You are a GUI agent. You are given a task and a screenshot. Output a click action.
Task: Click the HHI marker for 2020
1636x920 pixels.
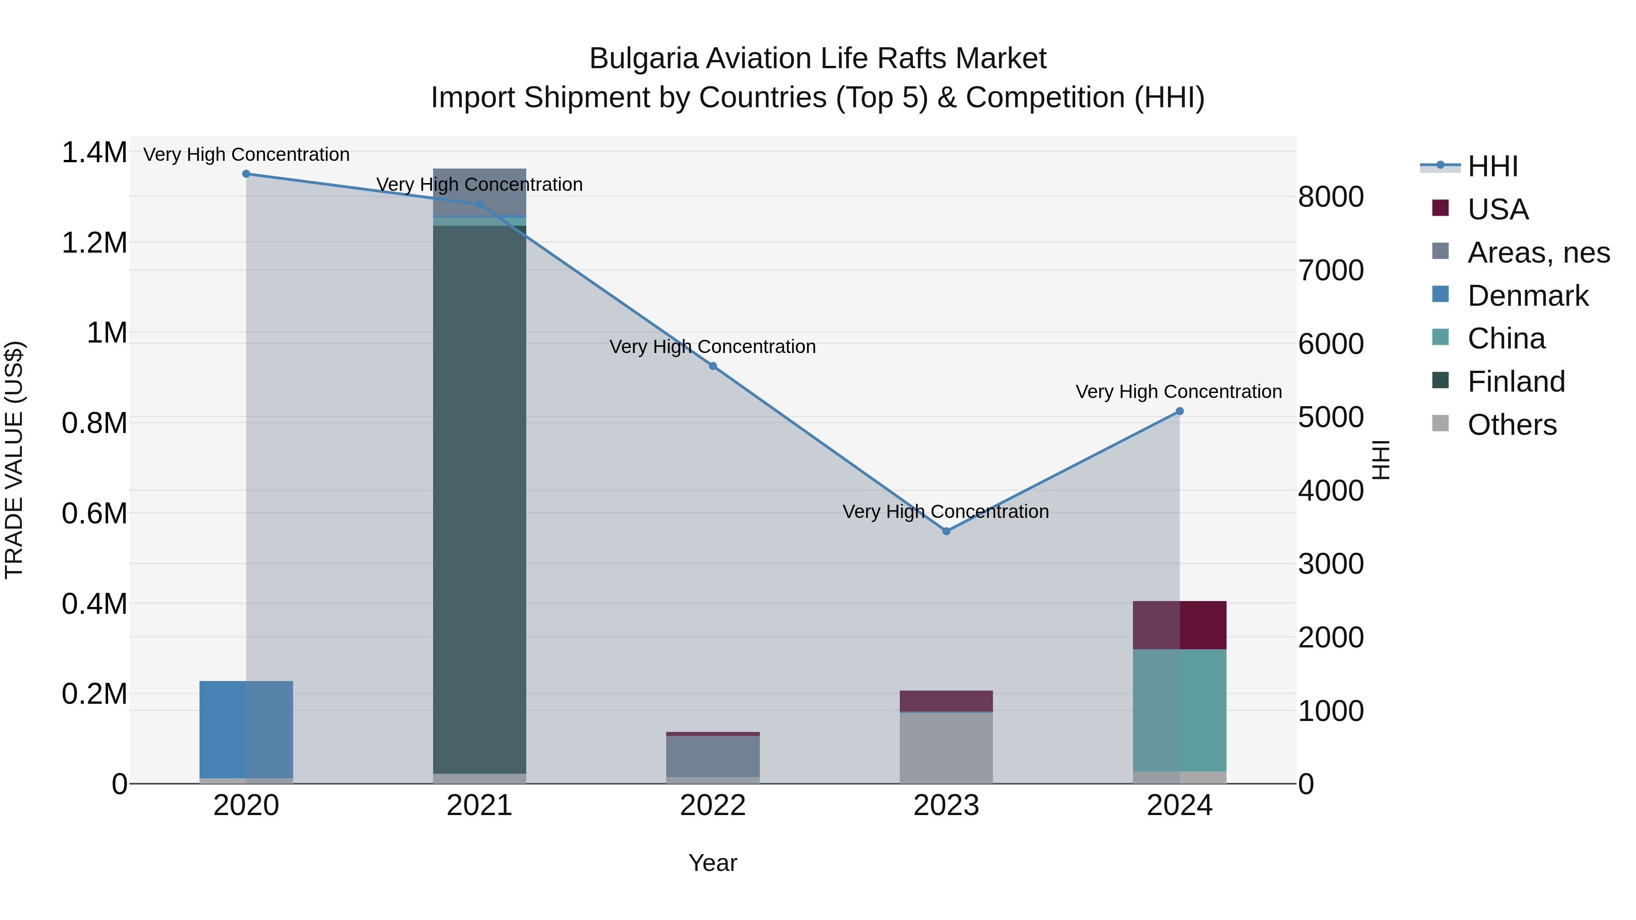(x=246, y=174)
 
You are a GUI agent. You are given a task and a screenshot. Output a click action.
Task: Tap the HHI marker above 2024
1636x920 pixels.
(x=1179, y=412)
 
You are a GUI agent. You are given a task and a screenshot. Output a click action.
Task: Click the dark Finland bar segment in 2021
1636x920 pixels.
(x=479, y=502)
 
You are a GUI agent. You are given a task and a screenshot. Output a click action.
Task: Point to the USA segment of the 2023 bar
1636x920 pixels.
(x=946, y=701)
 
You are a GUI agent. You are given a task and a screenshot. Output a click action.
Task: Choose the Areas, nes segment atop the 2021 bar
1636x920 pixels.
(x=479, y=190)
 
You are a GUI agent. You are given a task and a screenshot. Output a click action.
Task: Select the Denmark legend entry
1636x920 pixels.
(x=1527, y=296)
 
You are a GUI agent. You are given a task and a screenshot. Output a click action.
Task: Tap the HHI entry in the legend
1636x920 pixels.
(x=1492, y=166)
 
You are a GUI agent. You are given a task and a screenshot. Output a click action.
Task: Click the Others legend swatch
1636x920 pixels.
(x=1441, y=423)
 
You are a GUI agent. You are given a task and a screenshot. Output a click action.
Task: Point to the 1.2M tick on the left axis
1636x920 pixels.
(x=94, y=243)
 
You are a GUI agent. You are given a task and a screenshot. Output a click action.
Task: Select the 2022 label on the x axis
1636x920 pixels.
(x=713, y=806)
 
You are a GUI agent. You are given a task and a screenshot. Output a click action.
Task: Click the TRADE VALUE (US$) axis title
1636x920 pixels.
(x=14, y=460)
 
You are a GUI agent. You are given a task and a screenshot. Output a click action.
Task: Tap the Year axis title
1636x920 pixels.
(x=713, y=863)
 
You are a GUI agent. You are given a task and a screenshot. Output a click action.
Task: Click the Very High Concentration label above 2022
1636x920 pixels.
(x=713, y=347)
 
